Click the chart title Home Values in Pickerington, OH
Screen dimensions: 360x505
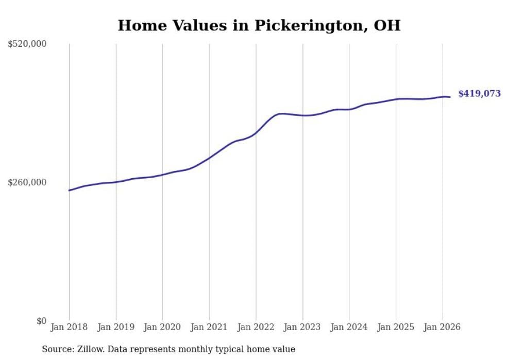click(x=259, y=25)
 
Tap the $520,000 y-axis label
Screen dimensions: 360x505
click(x=27, y=44)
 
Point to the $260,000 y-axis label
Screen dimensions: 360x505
click(x=27, y=182)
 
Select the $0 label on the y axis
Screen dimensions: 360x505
click(x=41, y=321)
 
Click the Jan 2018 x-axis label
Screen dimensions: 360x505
click(x=69, y=327)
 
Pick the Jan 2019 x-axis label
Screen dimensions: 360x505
click(x=115, y=327)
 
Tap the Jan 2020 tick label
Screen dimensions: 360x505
click(x=162, y=327)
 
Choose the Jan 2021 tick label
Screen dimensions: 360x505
click(x=209, y=327)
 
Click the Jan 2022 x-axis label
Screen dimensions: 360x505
click(x=256, y=327)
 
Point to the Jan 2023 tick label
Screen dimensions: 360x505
click(x=302, y=327)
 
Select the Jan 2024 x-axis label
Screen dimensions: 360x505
click(x=349, y=327)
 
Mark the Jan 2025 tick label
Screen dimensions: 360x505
click(x=396, y=327)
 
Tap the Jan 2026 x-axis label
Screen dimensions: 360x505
click(x=442, y=327)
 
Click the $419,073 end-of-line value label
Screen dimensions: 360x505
click(x=479, y=94)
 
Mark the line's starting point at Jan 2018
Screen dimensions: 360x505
click(x=69, y=191)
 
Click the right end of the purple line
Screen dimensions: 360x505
click(x=450, y=97)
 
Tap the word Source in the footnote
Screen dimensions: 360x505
click(x=57, y=349)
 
